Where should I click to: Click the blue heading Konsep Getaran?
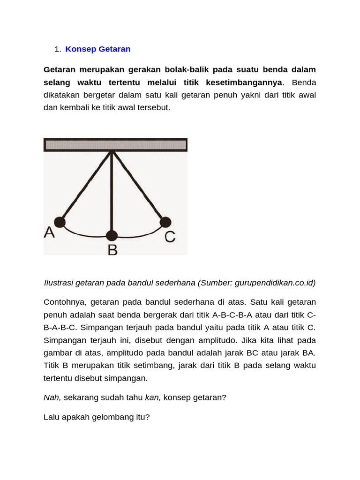[x=97, y=49]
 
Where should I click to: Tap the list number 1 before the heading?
[x=57, y=49]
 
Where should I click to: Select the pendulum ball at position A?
[x=60, y=222]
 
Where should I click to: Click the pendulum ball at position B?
[x=112, y=236]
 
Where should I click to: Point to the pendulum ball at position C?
[x=165, y=222]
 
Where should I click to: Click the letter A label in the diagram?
[x=49, y=233]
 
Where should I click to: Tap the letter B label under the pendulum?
[x=112, y=249]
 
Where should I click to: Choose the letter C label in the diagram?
[x=170, y=237]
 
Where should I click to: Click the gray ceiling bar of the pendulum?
[x=115, y=145]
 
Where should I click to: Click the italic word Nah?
[x=52, y=397]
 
